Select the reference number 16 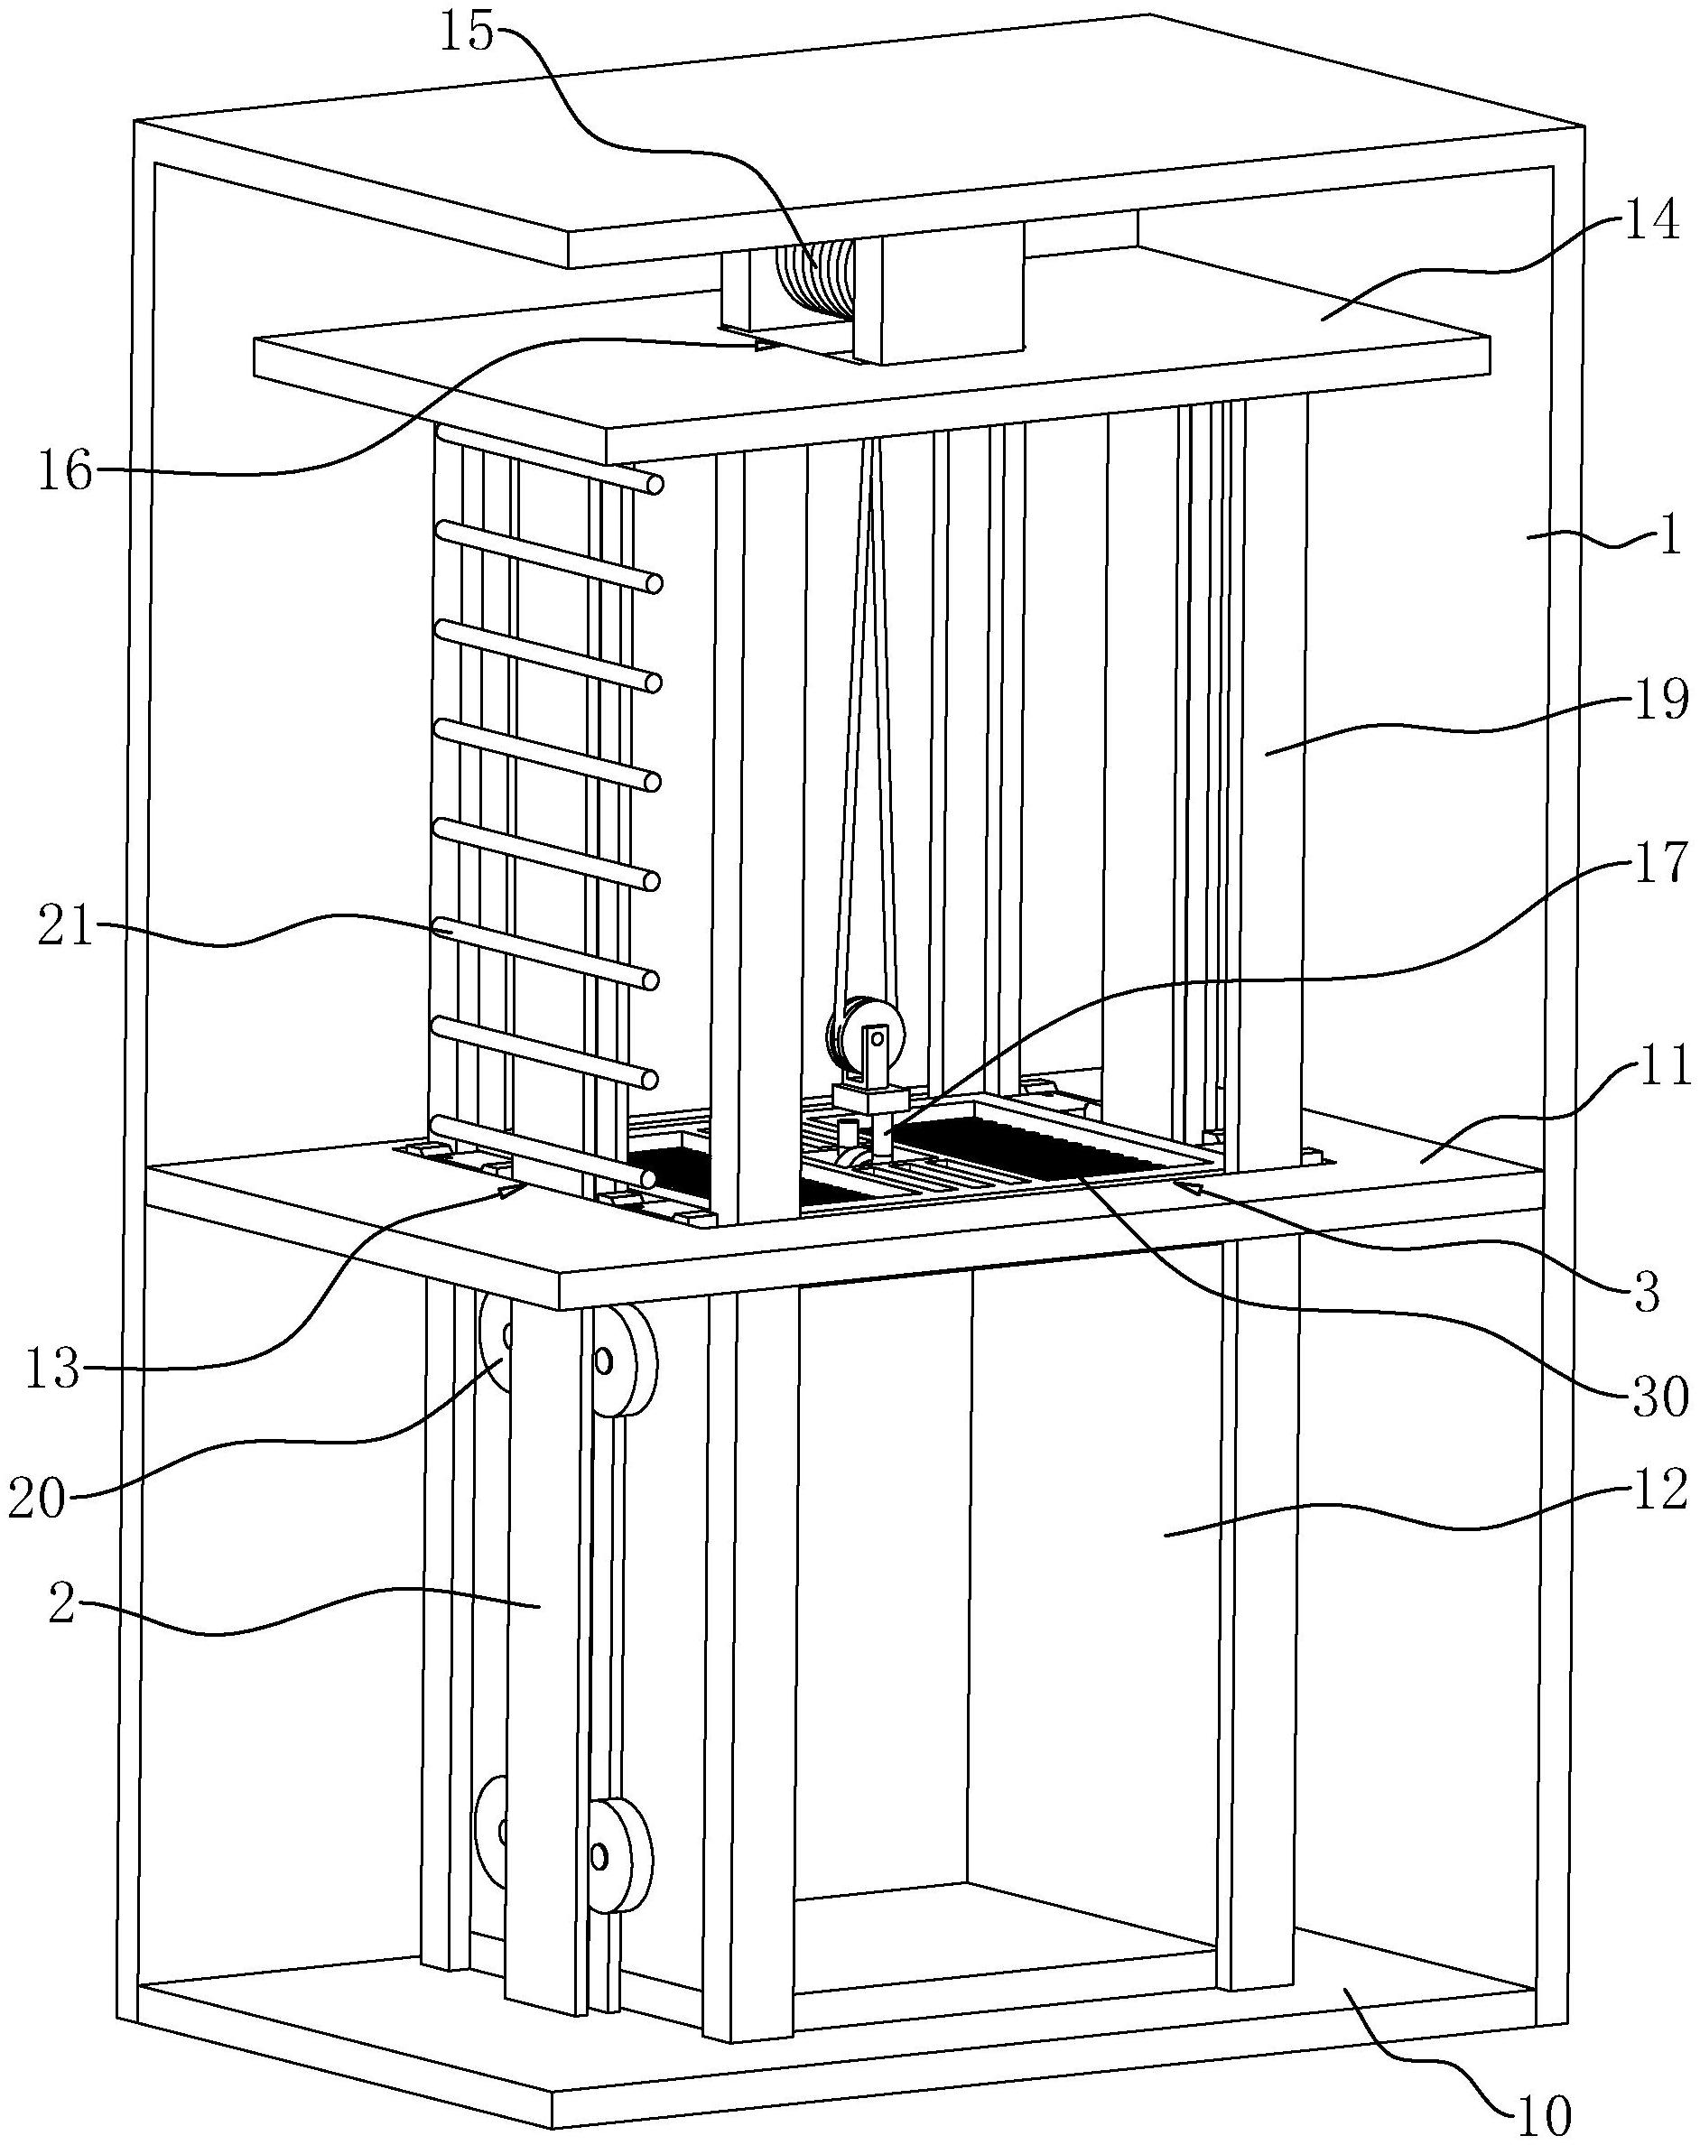pyautogui.click(x=66, y=470)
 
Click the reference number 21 pyautogui.click(x=66, y=930)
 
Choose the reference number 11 pyautogui.click(x=1661, y=1066)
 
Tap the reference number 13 pyautogui.click(x=52, y=1370)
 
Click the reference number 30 pyautogui.click(x=1658, y=1396)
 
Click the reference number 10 pyautogui.click(x=1543, y=2115)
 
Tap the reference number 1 pyautogui.click(x=1669, y=537)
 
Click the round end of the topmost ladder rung pyautogui.click(x=655, y=485)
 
